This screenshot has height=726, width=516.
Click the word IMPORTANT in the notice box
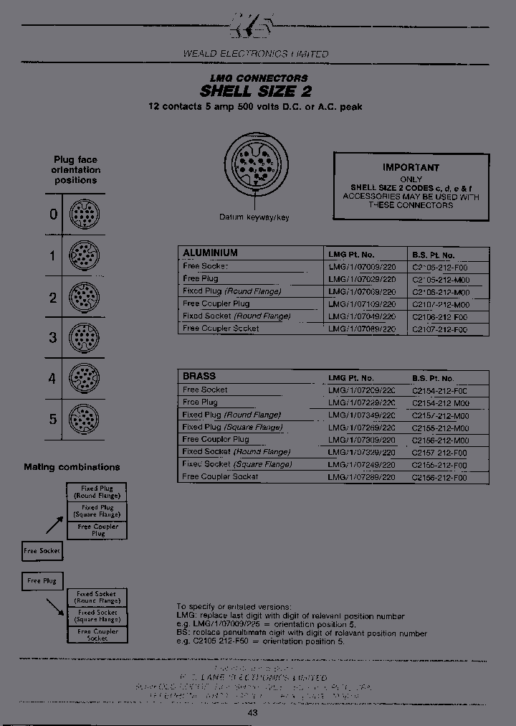click(x=411, y=167)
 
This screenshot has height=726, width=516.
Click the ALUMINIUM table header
click(x=210, y=253)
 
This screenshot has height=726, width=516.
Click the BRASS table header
click(x=199, y=376)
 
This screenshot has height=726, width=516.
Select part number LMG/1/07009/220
click(x=361, y=266)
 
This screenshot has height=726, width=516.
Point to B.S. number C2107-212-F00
click(x=439, y=329)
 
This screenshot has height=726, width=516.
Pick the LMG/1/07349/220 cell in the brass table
click(x=361, y=415)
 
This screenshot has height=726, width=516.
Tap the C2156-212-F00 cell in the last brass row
click(x=439, y=476)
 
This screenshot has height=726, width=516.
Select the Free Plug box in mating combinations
click(x=42, y=580)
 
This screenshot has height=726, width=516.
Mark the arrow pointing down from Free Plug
click(x=54, y=607)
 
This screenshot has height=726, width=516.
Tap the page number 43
click(x=252, y=712)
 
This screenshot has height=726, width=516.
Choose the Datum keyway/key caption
click(x=254, y=217)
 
